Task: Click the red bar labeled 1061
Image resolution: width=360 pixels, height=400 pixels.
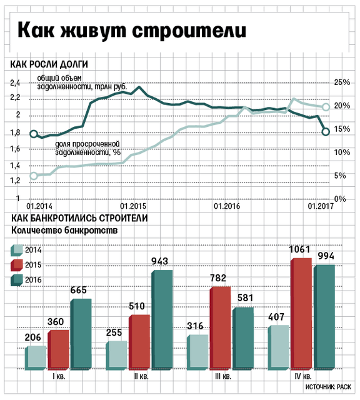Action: pos(301,314)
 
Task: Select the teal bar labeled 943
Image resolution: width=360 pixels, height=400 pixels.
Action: pos(162,319)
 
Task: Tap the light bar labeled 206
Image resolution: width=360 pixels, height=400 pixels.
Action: pos(36,358)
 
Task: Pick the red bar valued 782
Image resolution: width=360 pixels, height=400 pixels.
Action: pos(220,327)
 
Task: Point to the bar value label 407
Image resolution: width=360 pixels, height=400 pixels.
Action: pos(276,317)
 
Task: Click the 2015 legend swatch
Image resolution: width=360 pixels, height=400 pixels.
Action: pos(17,265)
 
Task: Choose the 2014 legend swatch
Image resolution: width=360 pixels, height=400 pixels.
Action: pos(17,250)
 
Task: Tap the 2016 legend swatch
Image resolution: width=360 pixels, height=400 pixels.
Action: pos(17,281)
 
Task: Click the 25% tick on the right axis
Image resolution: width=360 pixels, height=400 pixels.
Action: pos(342,82)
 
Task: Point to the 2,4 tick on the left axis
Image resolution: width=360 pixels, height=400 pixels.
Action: pos(15,83)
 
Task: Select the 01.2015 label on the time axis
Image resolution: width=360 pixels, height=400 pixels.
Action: pos(133,206)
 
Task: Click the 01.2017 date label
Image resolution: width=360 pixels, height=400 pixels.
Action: pos(321,206)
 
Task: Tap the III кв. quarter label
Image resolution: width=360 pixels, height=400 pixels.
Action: pos(222,376)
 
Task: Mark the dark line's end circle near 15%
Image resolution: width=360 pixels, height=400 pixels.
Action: pos(326,132)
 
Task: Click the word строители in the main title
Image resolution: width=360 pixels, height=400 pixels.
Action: pos(189,31)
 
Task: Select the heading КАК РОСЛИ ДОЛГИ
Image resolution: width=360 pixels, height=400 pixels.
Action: pos(49,64)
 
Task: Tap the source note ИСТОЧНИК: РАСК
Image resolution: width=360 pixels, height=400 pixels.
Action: pos(328,387)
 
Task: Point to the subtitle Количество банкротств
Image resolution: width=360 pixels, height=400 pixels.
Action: pos(64,231)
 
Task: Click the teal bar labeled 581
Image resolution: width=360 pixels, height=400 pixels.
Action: pos(243,338)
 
